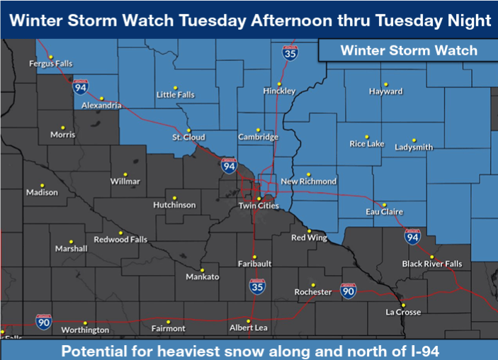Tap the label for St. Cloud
188,137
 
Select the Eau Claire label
384,212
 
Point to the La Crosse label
403,312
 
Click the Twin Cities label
259,206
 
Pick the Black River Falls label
431,264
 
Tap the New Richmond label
308,181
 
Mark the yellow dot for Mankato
202,269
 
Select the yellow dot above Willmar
125,174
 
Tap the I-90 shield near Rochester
348,289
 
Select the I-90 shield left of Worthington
44,320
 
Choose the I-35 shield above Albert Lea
258,286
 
